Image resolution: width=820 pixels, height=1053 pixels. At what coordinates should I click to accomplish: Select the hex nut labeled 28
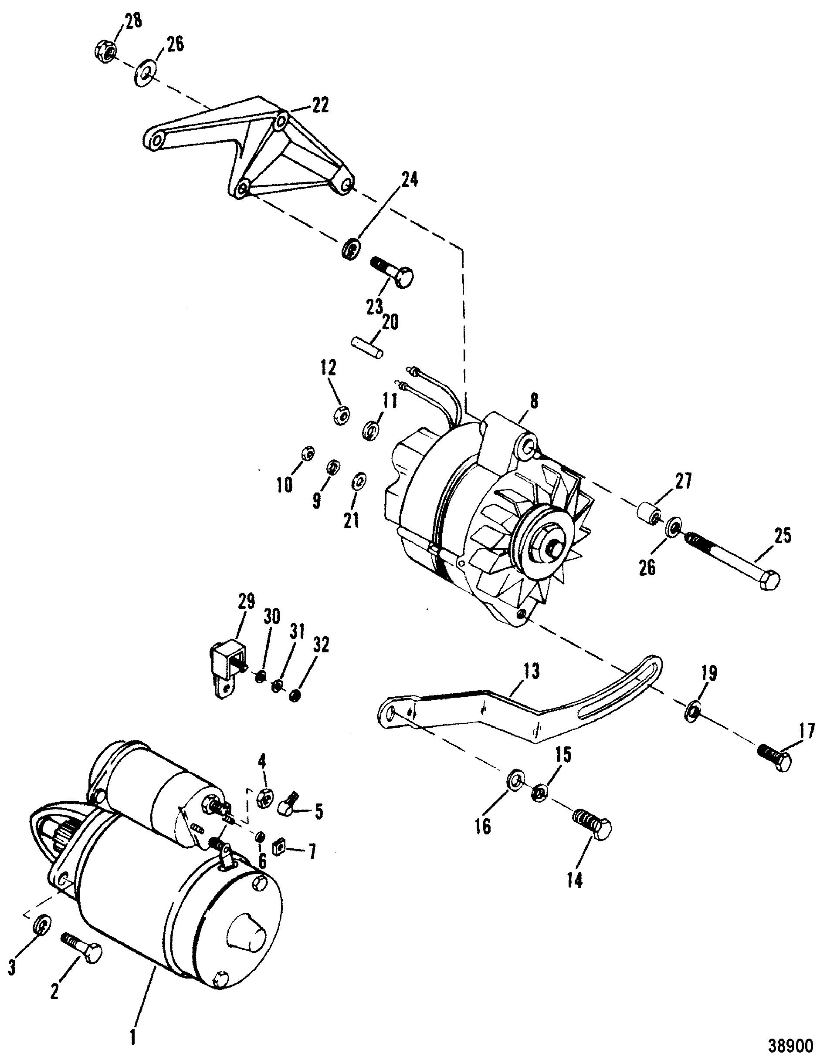pos(104,50)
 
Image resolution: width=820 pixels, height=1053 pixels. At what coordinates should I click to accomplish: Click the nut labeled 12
pos(342,414)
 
